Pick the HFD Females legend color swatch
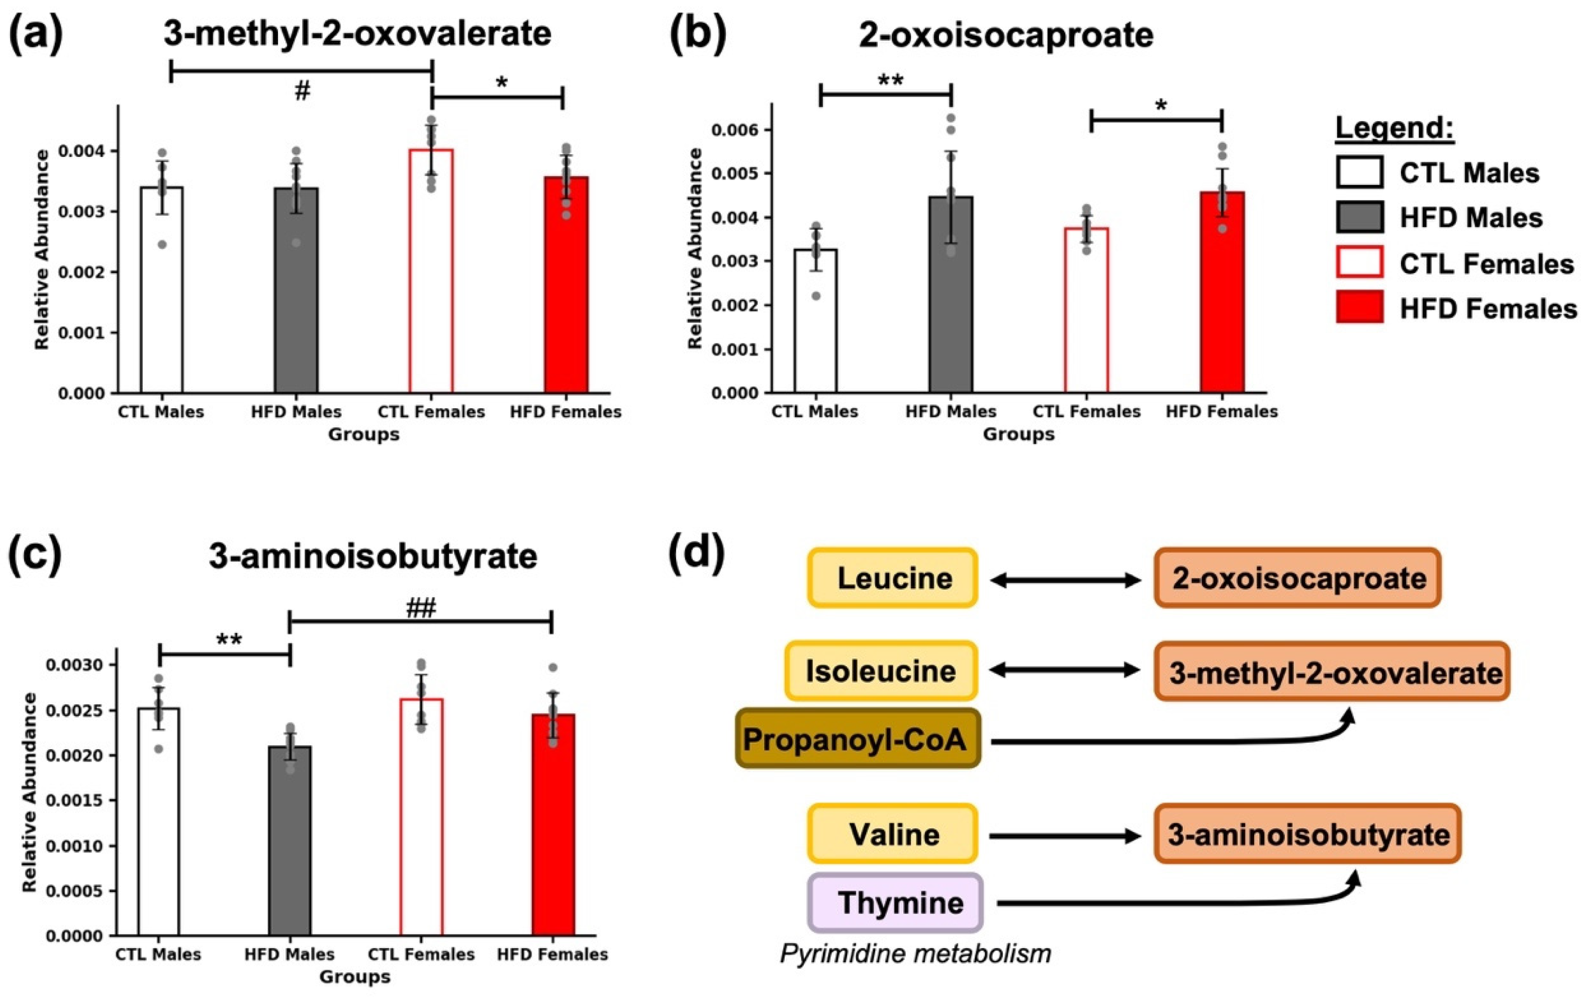tap(1359, 308)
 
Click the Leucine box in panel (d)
tap(893, 578)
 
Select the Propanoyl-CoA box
tap(858, 739)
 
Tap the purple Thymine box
tap(896, 902)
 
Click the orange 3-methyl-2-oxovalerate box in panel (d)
tap(1331, 672)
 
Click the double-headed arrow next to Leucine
tap(1065, 580)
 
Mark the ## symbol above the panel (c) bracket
tap(421, 608)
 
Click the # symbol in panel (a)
tap(302, 92)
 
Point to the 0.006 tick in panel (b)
tap(737, 130)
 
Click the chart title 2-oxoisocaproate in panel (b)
tap(1006, 35)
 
